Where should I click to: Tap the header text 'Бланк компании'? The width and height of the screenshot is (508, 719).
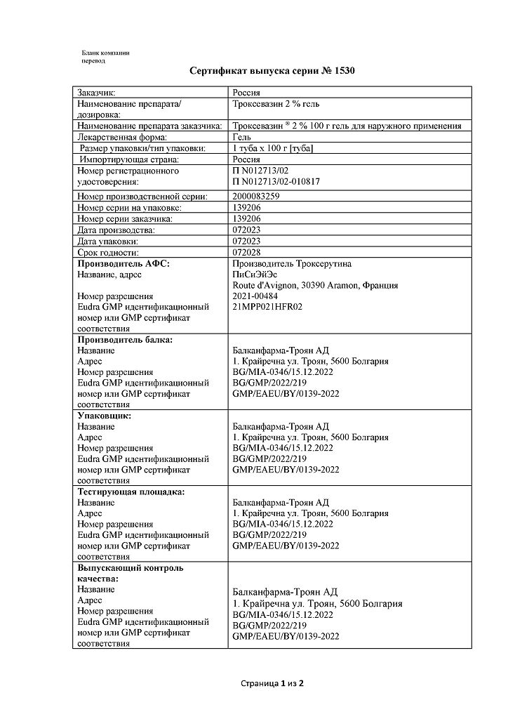point(105,53)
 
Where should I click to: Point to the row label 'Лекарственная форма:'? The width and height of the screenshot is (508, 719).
point(117,137)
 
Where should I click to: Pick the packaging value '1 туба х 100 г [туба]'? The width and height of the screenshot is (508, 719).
point(272,148)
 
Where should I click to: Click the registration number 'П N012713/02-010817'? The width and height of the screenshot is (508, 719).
point(274,182)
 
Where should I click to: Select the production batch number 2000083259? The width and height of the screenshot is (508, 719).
point(255,196)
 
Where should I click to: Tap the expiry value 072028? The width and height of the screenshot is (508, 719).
point(246,252)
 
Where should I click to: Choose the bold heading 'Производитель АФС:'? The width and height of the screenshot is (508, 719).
point(123,263)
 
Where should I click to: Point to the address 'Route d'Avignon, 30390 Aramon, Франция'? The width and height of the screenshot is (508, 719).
point(315,285)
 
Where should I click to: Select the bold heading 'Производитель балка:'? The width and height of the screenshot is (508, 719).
point(125,339)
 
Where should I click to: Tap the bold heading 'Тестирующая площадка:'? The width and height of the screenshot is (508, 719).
point(131,492)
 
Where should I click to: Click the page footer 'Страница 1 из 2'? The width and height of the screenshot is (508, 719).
point(272,682)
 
